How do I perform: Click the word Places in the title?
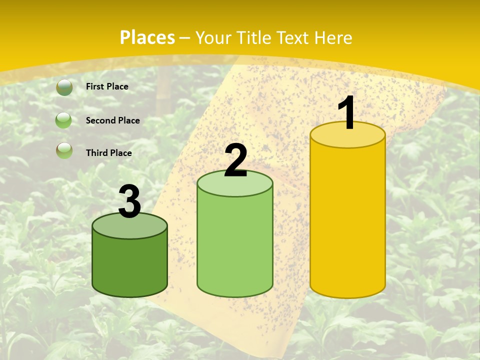point(147,37)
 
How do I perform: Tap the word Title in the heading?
point(254,37)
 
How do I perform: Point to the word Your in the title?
point(214,37)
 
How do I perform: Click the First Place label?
point(107,86)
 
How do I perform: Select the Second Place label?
point(112,120)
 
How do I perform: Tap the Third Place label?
point(108,153)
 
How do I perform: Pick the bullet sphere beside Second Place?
point(63,120)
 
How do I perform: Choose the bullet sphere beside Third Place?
point(64,150)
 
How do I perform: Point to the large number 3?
point(129,201)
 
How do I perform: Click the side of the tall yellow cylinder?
point(347,220)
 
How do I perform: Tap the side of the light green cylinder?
point(235,245)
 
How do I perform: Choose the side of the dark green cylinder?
point(129,265)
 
